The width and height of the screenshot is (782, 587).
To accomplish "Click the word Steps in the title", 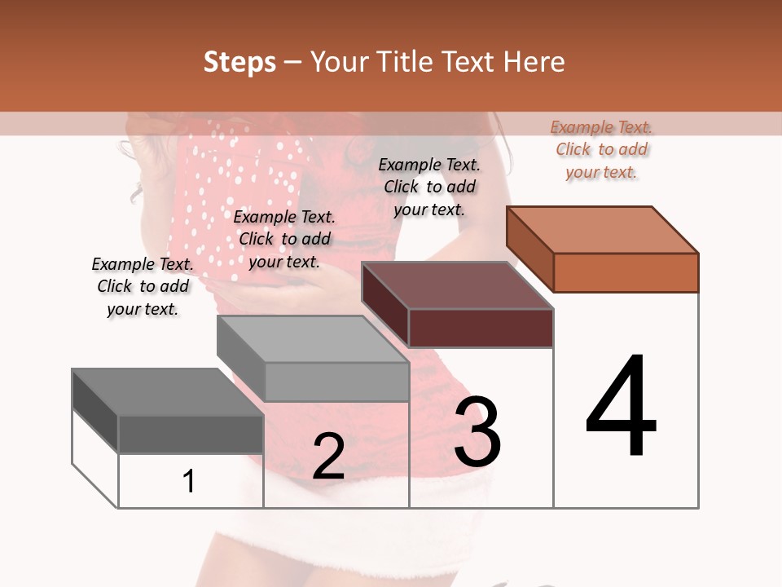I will pos(239,62).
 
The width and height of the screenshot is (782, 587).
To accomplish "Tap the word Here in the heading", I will pos(534,62).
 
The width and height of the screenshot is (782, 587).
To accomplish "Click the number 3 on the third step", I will pos(477,432).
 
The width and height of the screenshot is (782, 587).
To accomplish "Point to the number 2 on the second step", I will pos(328,457).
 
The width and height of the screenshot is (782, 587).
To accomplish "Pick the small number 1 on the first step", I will pos(189,482).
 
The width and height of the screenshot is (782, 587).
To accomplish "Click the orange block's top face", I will pos(603,229).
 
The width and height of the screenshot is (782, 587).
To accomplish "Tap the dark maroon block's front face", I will pos(481,329).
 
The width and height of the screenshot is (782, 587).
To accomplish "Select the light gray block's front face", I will pos(336,382).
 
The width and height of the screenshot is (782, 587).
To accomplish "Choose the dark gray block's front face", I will pos(191,435).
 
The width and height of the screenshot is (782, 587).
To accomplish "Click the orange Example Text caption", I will pos(601,150).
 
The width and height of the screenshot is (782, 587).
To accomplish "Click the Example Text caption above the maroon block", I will pos(429,188).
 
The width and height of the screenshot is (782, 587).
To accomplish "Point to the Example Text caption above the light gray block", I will pos(284,239).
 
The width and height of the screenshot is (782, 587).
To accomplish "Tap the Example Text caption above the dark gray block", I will pos(143,286).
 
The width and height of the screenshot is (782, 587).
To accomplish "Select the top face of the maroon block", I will pos(457,285).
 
